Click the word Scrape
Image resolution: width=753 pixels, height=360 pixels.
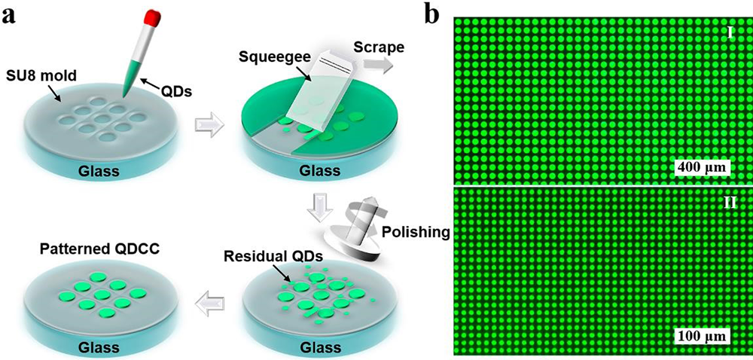click(x=378, y=47)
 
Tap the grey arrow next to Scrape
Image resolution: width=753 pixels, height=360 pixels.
click(x=378, y=64)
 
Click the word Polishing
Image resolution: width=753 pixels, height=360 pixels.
click(x=415, y=233)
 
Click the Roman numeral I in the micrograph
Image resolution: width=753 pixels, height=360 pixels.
click(x=729, y=34)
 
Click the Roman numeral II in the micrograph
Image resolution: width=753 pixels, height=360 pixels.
click(x=729, y=202)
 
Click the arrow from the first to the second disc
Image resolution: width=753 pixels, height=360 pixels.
click(x=209, y=126)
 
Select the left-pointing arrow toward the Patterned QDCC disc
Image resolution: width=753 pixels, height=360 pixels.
click(x=209, y=305)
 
